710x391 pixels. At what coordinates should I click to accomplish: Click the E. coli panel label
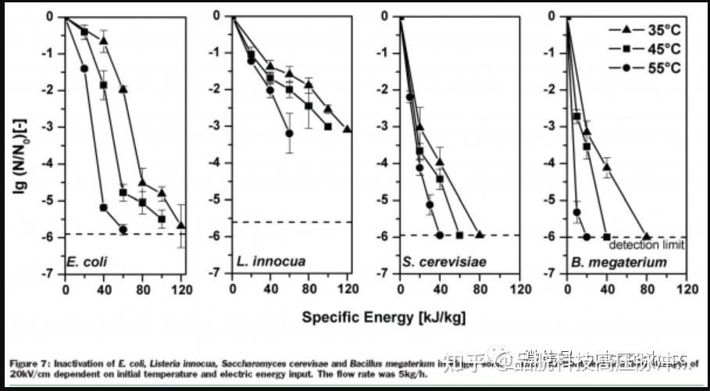(87, 261)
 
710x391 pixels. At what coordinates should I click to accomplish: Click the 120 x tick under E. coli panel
(182, 288)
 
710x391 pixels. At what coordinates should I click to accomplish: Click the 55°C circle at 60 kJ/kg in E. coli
(123, 229)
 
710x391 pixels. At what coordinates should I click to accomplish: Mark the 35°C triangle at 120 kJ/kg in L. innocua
(347, 129)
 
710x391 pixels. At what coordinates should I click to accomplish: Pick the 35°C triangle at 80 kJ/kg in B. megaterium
(646, 235)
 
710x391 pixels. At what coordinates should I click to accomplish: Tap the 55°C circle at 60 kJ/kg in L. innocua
(289, 134)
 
